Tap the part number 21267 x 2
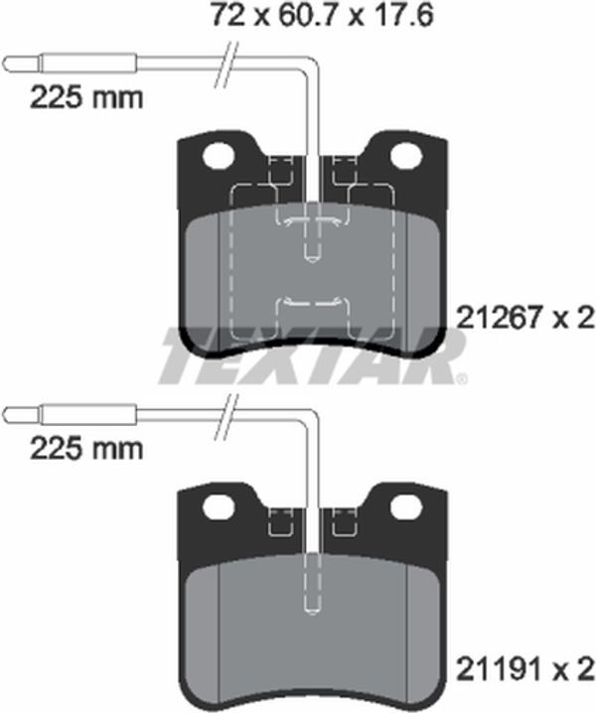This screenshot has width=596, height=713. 525,317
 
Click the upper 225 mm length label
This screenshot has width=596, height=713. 86,97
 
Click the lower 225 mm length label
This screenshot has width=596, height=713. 86,449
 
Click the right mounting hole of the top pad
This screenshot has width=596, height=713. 406,156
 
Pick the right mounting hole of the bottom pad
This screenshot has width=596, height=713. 406,506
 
